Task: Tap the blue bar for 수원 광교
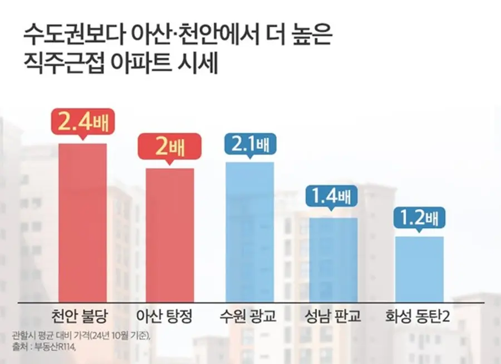click(249, 232)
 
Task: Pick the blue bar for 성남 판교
click(333, 259)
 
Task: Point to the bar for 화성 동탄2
click(420, 269)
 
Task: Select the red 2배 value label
click(170, 147)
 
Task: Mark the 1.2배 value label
click(420, 217)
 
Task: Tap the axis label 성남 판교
click(333, 317)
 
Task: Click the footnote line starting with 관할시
click(81, 336)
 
